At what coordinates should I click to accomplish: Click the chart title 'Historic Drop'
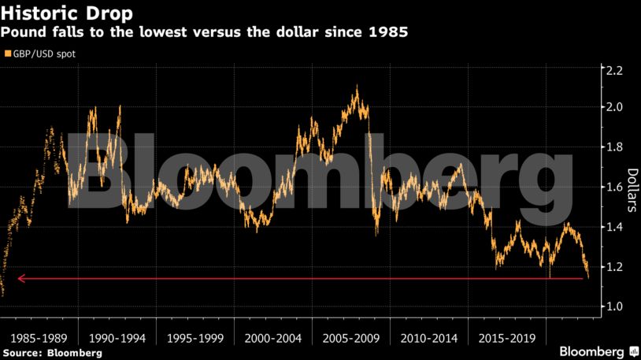coord(66,14)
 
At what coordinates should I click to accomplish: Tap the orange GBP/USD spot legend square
coord(8,55)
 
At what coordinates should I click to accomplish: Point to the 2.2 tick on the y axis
coord(613,71)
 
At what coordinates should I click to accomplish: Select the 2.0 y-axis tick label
coord(613,107)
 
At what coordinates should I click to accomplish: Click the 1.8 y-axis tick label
coord(613,147)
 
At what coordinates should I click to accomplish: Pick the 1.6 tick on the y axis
coord(613,187)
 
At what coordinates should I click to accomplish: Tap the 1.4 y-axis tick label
coord(613,227)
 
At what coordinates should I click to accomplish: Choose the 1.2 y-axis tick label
coord(613,267)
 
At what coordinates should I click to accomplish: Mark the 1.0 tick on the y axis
coord(613,306)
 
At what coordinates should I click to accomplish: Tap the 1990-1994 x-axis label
coord(117,338)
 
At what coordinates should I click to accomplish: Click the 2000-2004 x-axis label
coord(273,338)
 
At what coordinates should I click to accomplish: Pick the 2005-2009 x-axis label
coord(350,338)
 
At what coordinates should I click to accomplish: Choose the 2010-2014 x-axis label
coord(428,338)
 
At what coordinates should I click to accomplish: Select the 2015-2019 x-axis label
coord(506,338)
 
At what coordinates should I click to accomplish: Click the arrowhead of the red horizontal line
coord(21,278)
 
